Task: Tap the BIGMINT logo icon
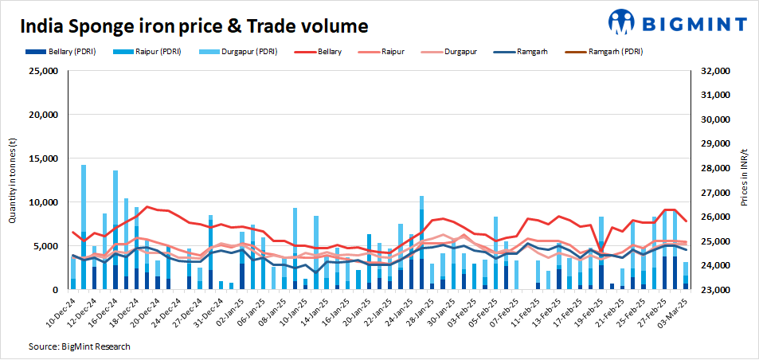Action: click(x=624, y=22)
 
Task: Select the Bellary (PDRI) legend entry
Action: click(x=68, y=52)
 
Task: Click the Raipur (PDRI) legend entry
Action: click(x=151, y=52)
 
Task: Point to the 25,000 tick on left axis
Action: click(x=45, y=71)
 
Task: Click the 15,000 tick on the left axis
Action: click(x=45, y=158)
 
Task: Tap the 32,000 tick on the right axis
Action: click(x=714, y=71)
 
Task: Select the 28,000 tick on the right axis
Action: click(x=714, y=168)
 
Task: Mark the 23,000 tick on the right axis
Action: click(x=714, y=290)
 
